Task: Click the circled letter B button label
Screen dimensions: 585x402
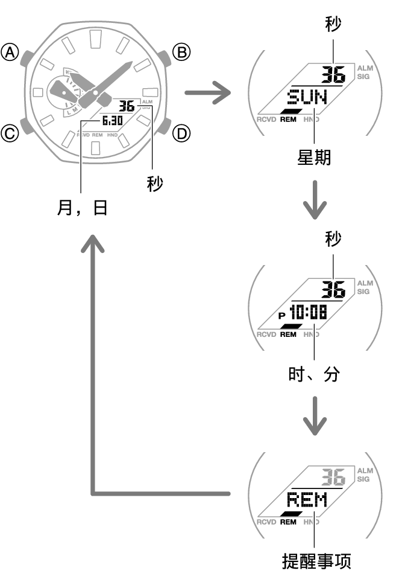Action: (x=181, y=53)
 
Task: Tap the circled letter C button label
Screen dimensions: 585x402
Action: (x=10, y=132)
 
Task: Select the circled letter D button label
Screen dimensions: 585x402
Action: (x=181, y=132)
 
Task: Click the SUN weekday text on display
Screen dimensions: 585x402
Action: (x=307, y=97)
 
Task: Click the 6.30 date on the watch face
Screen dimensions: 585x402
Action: (x=113, y=120)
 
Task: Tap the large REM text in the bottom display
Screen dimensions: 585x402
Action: (x=307, y=500)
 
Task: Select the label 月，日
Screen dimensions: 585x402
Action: (x=82, y=208)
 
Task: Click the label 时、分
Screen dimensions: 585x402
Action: (x=314, y=374)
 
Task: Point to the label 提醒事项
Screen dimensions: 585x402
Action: (x=316, y=561)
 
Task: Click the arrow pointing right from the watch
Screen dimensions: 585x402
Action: (x=208, y=94)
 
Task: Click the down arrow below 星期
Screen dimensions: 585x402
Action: (x=315, y=202)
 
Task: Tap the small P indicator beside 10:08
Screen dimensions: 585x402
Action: (x=281, y=315)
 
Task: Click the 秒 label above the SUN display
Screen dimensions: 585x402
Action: (x=332, y=24)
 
